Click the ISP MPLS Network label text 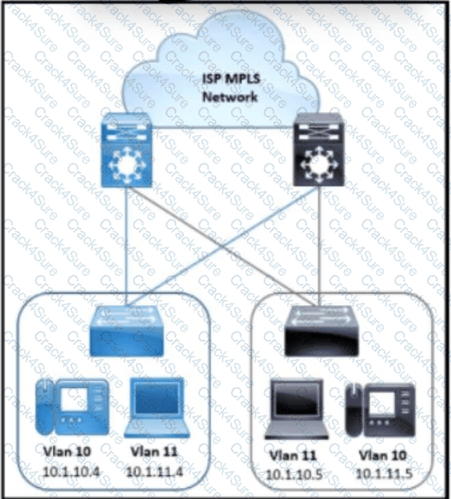(231, 88)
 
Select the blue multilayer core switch (126, 150)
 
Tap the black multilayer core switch (319, 150)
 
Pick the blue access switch (126, 331)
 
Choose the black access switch (322, 331)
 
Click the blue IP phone (72, 407)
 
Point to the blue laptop (157, 407)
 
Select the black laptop (296, 409)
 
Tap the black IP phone (381, 410)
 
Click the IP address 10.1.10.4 (71, 471)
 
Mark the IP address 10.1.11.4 (155, 471)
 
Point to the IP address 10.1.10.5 (294, 474)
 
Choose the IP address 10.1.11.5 (384, 474)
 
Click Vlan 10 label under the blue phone (67, 452)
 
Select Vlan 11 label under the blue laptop (154, 452)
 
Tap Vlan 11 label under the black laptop (293, 455)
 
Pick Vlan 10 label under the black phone (383, 455)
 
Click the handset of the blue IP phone (44, 407)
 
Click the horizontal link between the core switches (223, 128)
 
